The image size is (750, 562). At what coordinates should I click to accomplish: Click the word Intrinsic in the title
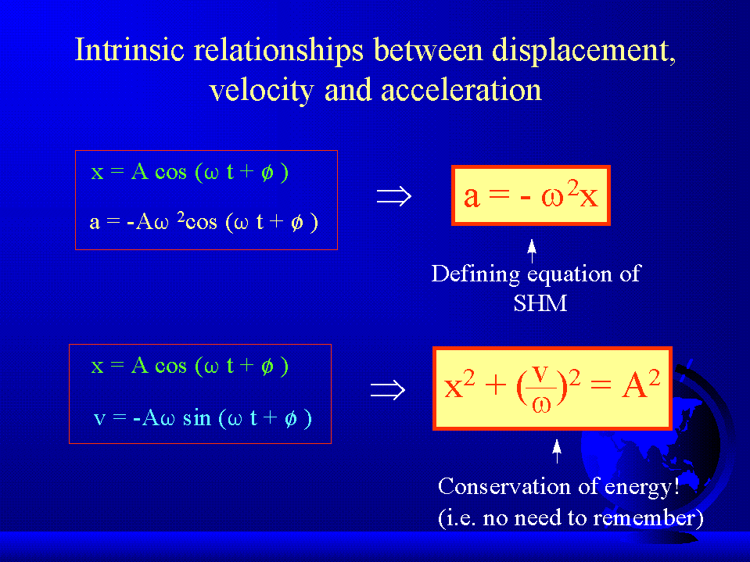(x=130, y=49)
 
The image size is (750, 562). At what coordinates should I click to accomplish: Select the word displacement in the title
(x=584, y=51)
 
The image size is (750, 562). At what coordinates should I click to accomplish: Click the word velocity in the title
(x=262, y=91)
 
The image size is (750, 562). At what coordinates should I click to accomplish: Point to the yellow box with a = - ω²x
(x=531, y=195)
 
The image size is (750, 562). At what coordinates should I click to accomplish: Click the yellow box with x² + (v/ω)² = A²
(x=552, y=388)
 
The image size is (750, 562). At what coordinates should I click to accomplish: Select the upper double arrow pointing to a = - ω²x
(x=393, y=196)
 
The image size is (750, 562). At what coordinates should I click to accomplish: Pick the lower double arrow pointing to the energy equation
(x=388, y=390)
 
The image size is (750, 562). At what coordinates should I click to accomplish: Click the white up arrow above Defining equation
(x=531, y=251)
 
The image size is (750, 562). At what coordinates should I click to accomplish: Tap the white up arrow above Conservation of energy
(x=556, y=451)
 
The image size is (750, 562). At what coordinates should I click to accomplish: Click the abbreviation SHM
(x=540, y=303)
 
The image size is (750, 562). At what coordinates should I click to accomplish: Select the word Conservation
(x=504, y=486)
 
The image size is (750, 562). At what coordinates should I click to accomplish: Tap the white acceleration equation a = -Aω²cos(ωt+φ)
(x=204, y=222)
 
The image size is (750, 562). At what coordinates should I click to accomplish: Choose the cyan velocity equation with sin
(x=203, y=418)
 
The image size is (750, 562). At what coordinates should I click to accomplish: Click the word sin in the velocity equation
(x=196, y=417)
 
